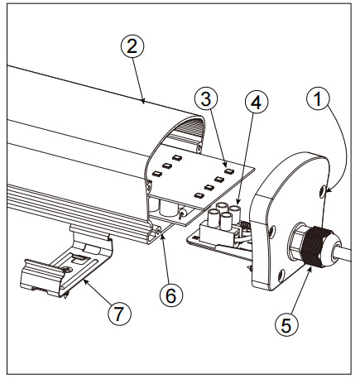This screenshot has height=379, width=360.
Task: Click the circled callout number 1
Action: tap(318, 99)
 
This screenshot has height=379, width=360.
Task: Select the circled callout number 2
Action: tap(132, 47)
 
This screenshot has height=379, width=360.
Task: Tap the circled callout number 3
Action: tap(206, 98)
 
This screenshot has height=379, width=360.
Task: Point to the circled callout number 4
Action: tap(257, 102)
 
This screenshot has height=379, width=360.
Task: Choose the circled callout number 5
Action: tap(286, 324)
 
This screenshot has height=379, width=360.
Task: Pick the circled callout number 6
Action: tap(171, 295)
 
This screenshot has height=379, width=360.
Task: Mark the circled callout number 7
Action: tap(120, 314)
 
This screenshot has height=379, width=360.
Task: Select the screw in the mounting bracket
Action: tap(66, 270)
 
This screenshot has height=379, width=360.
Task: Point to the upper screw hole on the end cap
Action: tap(322, 191)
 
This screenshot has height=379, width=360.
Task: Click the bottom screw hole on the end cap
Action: tap(281, 275)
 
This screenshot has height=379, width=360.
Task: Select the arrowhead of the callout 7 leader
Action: tap(86, 281)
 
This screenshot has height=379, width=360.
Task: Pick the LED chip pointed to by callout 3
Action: tap(229, 171)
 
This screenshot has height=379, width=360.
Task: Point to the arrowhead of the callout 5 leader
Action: tap(310, 267)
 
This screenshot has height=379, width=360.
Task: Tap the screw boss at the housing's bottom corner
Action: tap(158, 232)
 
